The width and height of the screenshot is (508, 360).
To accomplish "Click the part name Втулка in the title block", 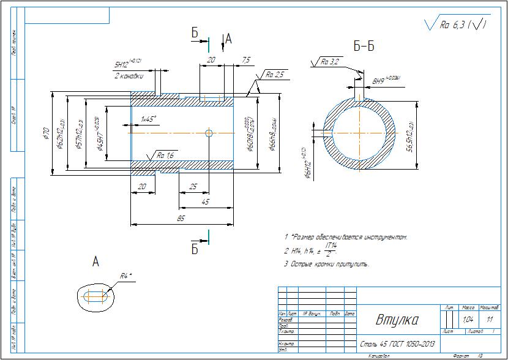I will pyautogui.click(x=397, y=320).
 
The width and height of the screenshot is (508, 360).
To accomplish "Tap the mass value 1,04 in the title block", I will pyautogui.click(x=468, y=320).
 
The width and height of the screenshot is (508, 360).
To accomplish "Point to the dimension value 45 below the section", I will pyautogui.click(x=204, y=201).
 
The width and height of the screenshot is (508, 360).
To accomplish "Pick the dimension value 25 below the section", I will pyautogui.click(x=193, y=186).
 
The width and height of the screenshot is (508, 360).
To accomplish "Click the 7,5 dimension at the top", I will pyautogui.click(x=246, y=59).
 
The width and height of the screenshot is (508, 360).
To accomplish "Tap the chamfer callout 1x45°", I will pyautogui.click(x=148, y=118).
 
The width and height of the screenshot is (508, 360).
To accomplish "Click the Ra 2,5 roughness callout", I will pyautogui.click(x=275, y=75).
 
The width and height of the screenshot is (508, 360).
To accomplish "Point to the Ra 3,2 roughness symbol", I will pyautogui.click(x=330, y=62).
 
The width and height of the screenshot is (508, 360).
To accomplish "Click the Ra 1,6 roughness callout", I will pyautogui.click(x=165, y=156).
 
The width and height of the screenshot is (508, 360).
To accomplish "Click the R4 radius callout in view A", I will pyautogui.click(x=125, y=276).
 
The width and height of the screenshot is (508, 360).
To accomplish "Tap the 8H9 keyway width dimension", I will pyautogui.click(x=386, y=80).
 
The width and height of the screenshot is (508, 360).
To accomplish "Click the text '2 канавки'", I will pyautogui.click(x=129, y=76).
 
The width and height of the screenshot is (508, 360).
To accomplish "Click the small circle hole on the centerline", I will pyautogui.click(x=209, y=133).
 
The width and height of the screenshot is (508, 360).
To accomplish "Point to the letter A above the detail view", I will pyautogui.click(x=95, y=262).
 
